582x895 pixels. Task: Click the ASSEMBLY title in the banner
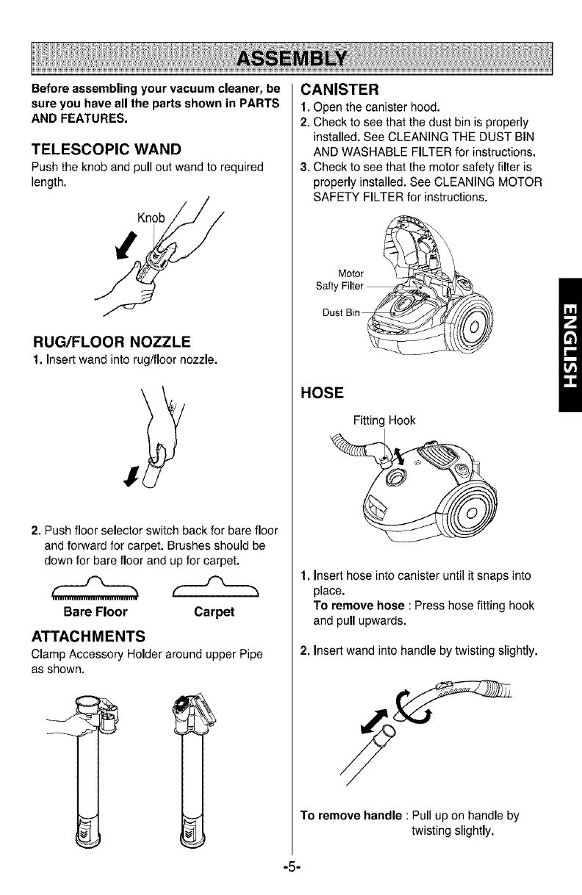coord(290,57)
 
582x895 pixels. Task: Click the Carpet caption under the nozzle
coord(214,611)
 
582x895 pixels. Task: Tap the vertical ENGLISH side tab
coord(569,345)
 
